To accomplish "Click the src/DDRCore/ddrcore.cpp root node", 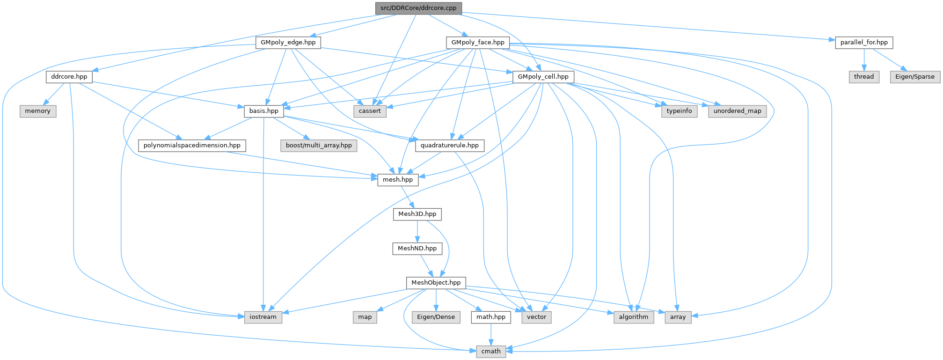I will click(x=418, y=8).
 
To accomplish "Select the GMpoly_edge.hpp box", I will click(x=288, y=42).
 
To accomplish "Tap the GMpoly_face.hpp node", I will click(x=478, y=42).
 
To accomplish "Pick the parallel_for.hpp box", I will click(x=864, y=42).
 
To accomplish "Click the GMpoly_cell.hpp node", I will click(x=543, y=76).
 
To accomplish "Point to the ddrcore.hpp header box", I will click(x=69, y=76).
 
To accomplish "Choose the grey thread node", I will click(x=863, y=76).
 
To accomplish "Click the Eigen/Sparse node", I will click(x=914, y=76).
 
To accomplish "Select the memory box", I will click(x=37, y=111).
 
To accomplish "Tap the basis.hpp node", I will click(x=263, y=111).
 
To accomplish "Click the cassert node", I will click(x=370, y=111).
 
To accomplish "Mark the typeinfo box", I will click(x=679, y=111).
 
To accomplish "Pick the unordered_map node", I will click(x=737, y=111).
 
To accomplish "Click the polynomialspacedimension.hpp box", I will click(x=192, y=145).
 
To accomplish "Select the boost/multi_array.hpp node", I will click(x=319, y=145).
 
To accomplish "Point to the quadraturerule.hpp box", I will click(x=449, y=145).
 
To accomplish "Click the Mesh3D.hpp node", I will click(x=417, y=214).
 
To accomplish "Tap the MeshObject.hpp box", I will click(x=436, y=282).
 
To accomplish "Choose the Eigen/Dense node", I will click(x=436, y=317).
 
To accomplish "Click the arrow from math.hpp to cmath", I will click(x=491, y=334).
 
